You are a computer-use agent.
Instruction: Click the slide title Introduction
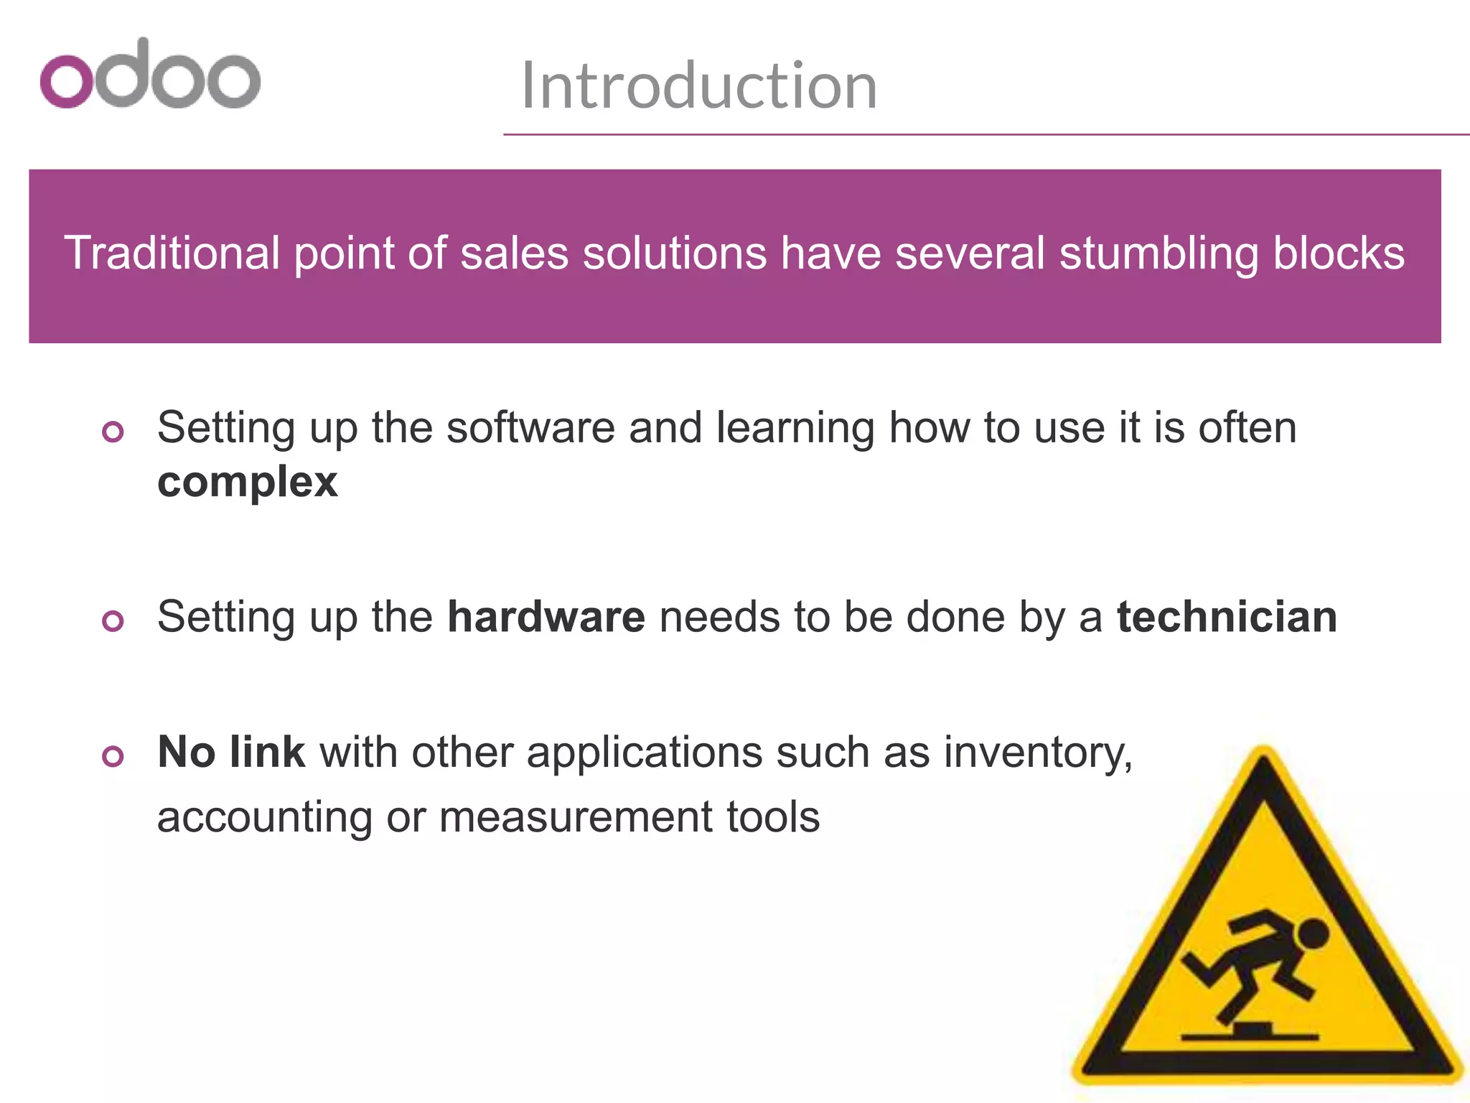(698, 86)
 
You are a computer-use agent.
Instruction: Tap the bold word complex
(247, 482)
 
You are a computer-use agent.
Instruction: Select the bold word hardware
(546, 617)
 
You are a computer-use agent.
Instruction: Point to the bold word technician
(1227, 617)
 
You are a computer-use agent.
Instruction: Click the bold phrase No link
(231, 752)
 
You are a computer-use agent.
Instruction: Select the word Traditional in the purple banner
(172, 253)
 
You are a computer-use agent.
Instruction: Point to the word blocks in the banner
(1339, 253)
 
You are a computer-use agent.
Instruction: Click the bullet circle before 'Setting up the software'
(113, 432)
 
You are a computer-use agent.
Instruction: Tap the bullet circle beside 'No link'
(113, 755)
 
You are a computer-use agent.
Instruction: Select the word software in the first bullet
(530, 428)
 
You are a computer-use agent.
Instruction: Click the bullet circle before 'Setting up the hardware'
(113, 620)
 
